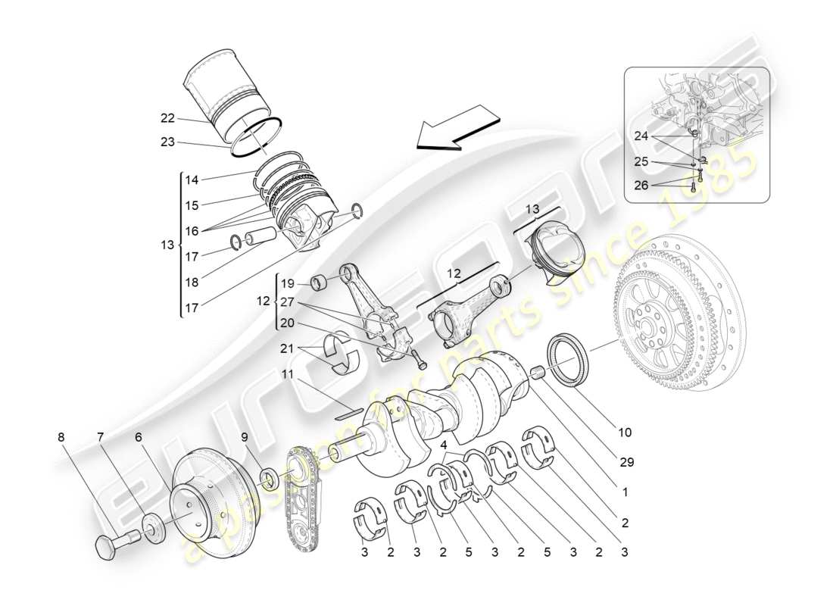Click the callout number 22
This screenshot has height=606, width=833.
pyautogui.click(x=167, y=117)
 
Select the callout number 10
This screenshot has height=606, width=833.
pyautogui.click(x=624, y=433)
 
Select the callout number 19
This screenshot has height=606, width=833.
pyautogui.click(x=287, y=284)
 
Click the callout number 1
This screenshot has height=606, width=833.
pyautogui.click(x=624, y=492)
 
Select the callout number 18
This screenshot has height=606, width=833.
pyautogui.click(x=192, y=282)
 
